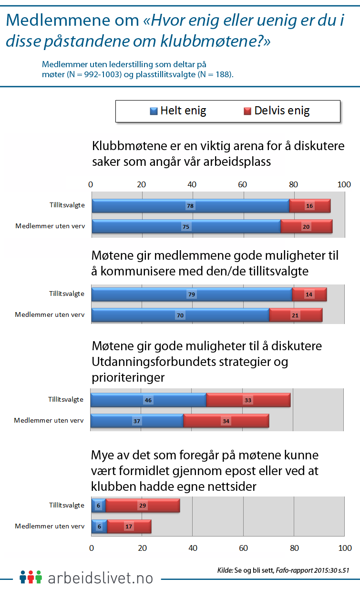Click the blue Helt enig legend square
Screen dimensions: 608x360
pos(154,111)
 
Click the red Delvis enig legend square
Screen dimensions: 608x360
pos(247,111)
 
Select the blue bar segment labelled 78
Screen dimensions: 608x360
pos(190,206)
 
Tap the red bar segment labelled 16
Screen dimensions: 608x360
pos(310,206)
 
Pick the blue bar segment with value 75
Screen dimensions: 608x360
pos(186,226)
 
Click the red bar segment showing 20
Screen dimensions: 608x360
pos(306,226)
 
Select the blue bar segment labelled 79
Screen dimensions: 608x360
pos(191,294)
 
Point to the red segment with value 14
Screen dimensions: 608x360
pos(309,294)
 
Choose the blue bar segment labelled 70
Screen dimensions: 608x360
pos(180,315)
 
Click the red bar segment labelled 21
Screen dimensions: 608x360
pos(296,315)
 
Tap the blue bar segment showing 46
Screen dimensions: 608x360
pos(148,400)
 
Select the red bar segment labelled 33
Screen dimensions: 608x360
pos(248,400)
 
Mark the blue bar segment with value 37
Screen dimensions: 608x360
pos(137,421)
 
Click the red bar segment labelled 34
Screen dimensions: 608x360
pos(226,421)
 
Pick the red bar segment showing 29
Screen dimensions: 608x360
pos(142,505)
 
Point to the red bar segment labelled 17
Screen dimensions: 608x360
pos(129,526)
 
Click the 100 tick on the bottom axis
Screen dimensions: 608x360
pos(344,548)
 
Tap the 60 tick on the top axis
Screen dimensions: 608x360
pos(242,184)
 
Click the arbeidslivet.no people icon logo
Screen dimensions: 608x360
pos(31,577)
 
